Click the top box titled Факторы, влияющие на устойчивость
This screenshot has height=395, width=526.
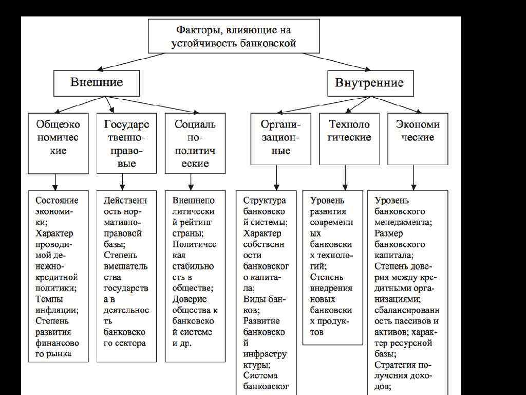click(234, 36)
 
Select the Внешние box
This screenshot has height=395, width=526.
click(97, 83)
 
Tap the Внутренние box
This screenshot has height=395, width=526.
click(369, 83)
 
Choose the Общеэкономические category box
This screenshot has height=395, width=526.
click(58, 143)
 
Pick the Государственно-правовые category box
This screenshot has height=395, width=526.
click(126, 143)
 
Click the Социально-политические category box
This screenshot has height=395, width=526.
click(195, 143)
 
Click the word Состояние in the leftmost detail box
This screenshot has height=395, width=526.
click(57, 201)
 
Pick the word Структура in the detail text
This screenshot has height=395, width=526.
click(265, 201)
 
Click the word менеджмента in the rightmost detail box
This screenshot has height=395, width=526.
click(403, 223)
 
